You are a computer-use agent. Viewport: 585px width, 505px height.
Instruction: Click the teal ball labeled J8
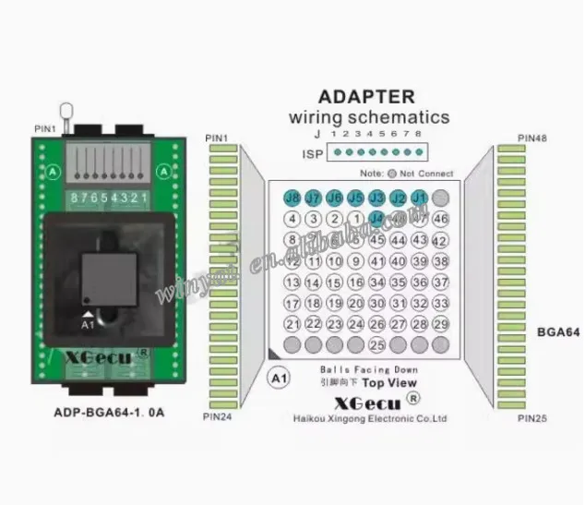point(292,198)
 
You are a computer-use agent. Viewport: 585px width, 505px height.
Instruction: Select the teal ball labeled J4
point(376,219)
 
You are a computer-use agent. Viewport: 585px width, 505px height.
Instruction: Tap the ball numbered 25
point(376,345)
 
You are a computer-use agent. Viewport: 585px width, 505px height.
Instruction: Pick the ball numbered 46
point(440,219)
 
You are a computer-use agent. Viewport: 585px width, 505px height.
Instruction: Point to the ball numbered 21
point(292,324)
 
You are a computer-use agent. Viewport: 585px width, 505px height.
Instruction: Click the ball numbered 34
point(376,283)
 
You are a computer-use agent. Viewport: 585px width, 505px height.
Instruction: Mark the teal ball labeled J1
point(419,198)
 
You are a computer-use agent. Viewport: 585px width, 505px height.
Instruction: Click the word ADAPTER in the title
point(365,96)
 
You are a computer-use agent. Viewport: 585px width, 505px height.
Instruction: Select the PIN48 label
point(532,138)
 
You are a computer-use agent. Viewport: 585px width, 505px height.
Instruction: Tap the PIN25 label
point(532,418)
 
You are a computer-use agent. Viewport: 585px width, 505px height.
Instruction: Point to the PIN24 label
point(218,418)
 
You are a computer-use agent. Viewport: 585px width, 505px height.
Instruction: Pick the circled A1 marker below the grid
point(276,378)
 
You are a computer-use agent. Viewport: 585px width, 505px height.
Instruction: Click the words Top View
point(388,383)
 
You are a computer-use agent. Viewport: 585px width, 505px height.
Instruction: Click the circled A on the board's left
point(53,171)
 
